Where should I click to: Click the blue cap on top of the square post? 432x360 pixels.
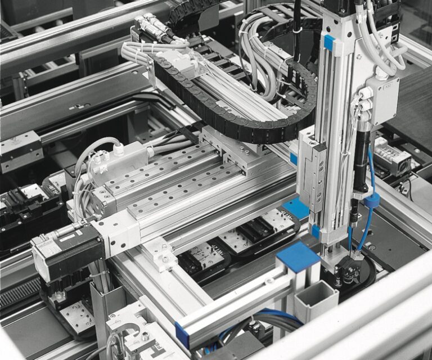298,256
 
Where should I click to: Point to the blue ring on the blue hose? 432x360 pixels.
371,201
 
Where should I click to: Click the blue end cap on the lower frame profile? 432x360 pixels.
182,335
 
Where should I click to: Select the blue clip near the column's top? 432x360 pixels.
329,43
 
